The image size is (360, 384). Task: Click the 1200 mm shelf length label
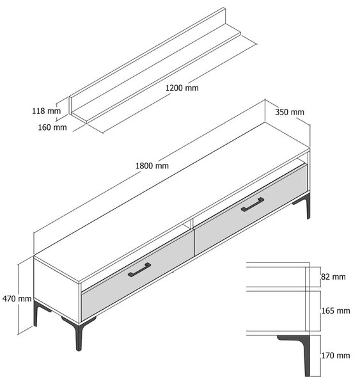click(182, 88)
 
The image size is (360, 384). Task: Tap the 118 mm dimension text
click(46, 111)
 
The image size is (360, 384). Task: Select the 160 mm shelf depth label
click(52, 127)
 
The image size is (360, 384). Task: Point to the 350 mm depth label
click(290, 112)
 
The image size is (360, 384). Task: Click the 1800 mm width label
click(152, 166)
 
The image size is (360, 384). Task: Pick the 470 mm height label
click(17, 298)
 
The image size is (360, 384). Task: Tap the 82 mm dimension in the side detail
click(333, 276)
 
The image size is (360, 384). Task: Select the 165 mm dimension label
click(336, 310)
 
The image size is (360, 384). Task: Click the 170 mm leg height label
click(336, 355)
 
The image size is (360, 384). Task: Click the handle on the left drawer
click(139, 269)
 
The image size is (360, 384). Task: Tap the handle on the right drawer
click(253, 204)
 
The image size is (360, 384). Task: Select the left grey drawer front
click(137, 275)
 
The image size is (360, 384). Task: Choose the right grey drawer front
click(251, 209)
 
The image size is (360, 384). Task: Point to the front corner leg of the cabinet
click(79, 335)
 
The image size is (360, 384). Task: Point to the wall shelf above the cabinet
click(155, 65)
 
